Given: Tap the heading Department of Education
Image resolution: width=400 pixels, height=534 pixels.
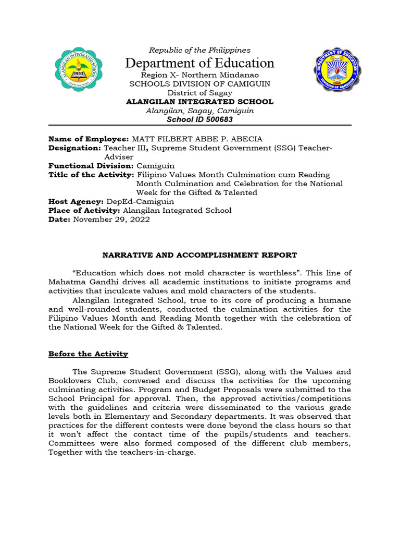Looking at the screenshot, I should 199,63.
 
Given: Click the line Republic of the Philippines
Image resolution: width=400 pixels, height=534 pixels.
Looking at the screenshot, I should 199,50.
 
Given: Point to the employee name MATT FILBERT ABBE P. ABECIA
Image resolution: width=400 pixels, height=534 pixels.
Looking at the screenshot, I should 197,139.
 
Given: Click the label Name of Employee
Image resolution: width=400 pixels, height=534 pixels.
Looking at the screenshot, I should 88,139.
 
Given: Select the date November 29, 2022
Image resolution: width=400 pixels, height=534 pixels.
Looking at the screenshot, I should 111,220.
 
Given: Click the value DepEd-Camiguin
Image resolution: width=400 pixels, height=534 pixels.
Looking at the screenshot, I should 140,201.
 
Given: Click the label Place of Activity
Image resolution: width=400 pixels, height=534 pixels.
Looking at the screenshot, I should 84,211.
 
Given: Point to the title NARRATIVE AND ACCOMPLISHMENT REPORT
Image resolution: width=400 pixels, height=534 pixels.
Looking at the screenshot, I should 199,255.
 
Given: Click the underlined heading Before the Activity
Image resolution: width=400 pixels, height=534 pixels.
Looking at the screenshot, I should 88,354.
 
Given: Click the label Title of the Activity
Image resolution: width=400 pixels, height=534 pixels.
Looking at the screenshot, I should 91,175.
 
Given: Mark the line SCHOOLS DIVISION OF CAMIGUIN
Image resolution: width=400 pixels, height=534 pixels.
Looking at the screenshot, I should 199,84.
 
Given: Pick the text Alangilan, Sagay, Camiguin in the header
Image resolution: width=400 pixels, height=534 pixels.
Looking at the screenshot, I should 199,111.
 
